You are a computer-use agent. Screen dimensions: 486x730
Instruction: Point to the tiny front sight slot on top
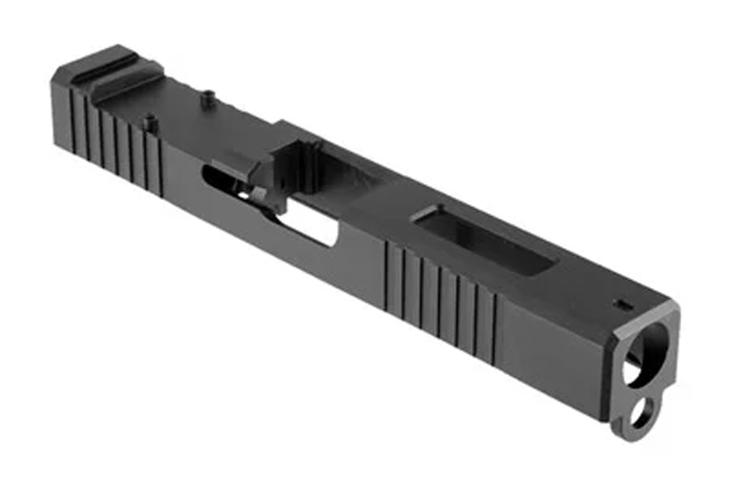tap(623, 305)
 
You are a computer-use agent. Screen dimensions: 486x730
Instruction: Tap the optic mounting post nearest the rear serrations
tap(149, 123)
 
